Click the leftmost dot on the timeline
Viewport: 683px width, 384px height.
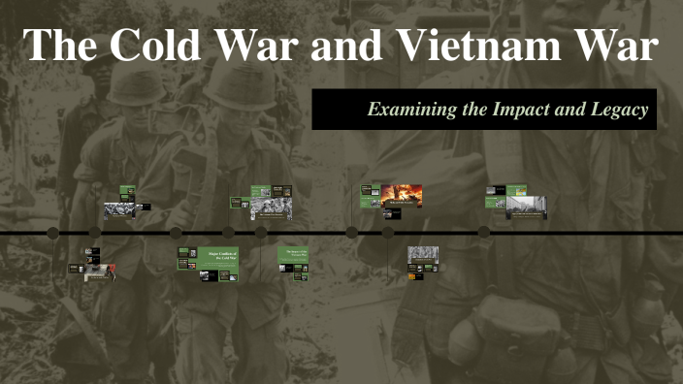pyautogui.click(x=52, y=233)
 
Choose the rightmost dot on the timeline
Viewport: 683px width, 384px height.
pyautogui.click(x=484, y=233)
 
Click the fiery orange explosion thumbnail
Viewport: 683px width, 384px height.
pyautogui.click(x=401, y=195)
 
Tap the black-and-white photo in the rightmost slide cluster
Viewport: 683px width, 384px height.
pyautogui.click(x=527, y=206)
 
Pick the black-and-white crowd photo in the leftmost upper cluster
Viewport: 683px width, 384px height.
pyautogui.click(x=118, y=209)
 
